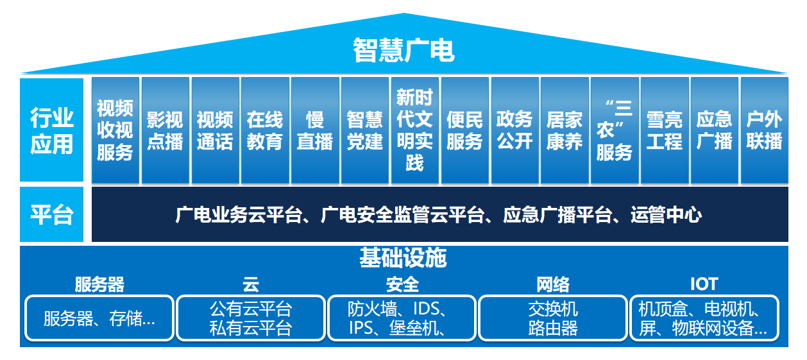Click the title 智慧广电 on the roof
click(x=403, y=50)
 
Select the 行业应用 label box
click(x=52, y=130)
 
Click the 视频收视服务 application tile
click(x=115, y=130)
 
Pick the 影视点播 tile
click(x=165, y=130)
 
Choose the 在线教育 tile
click(x=265, y=130)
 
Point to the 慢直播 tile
click(x=315, y=130)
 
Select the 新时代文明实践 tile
click(x=414, y=130)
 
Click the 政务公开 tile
click(x=514, y=130)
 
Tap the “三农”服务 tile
click(x=614, y=130)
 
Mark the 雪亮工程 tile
click(x=664, y=130)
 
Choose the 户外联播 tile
click(x=765, y=130)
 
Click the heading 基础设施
click(x=403, y=258)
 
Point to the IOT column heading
click(x=704, y=284)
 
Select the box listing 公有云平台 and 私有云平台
click(x=251, y=318)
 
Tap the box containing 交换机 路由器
click(x=553, y=318)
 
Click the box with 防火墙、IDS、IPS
click(x=402, y=318)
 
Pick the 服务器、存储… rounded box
click(x=99, y=318)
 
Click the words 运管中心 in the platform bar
click(x=667, y=214)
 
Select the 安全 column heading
click(x=402, y=284)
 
